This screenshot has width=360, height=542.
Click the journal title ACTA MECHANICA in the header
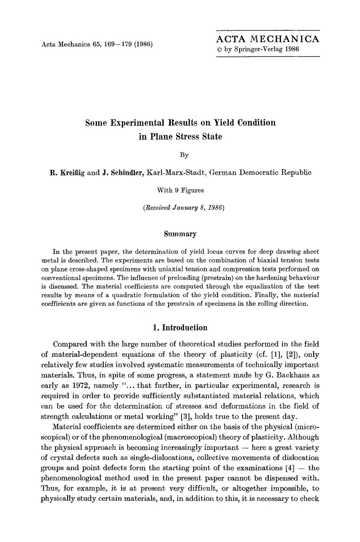click(x=268, y=39)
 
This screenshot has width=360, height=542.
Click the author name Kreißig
click(x=72, y=172)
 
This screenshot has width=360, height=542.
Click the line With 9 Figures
click(x=180, y=190)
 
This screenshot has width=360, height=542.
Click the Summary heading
click(x=180, y=234)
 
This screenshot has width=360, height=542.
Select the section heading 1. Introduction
click(x=180, y=328)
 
